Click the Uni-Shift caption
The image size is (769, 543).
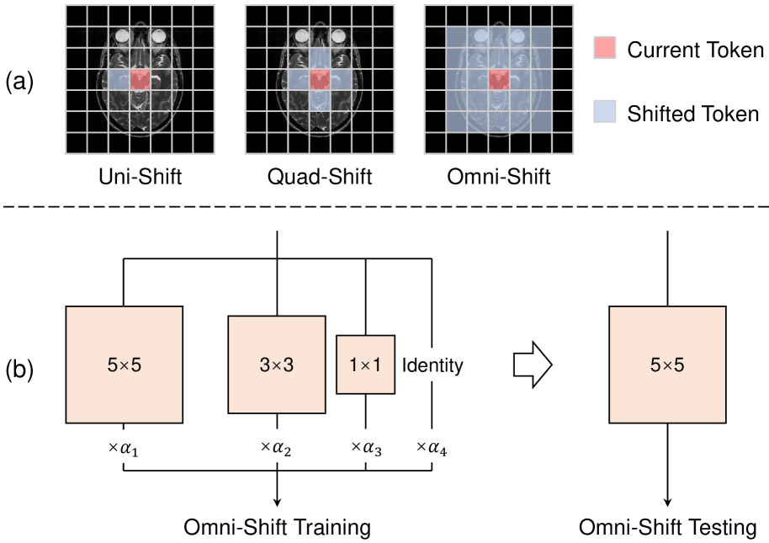[140, 178]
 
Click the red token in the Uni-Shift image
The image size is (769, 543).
[141, 80]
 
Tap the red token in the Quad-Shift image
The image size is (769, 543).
[320, 80]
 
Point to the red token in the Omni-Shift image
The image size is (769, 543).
[499, 80]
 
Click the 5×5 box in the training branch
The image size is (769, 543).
[125, 365]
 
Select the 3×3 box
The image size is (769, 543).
[277, 365]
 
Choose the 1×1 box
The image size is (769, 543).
[365, 365]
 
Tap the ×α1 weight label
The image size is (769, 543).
[125, 449]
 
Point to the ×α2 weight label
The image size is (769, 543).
[277, 449]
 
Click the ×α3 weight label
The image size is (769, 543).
[366, 449]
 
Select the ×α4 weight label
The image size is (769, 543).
[432, 449]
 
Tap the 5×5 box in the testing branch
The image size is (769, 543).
[667, 365]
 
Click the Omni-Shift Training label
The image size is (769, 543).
[278, 528]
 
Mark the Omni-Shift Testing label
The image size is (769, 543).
[667, 528]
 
